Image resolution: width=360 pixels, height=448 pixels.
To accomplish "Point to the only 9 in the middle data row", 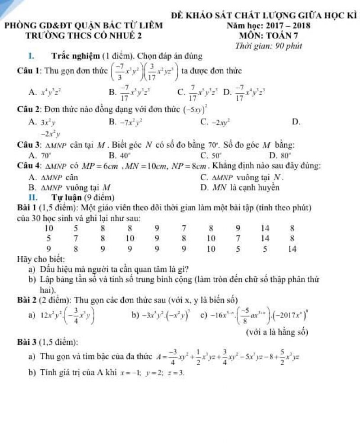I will (x=157, y=238).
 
